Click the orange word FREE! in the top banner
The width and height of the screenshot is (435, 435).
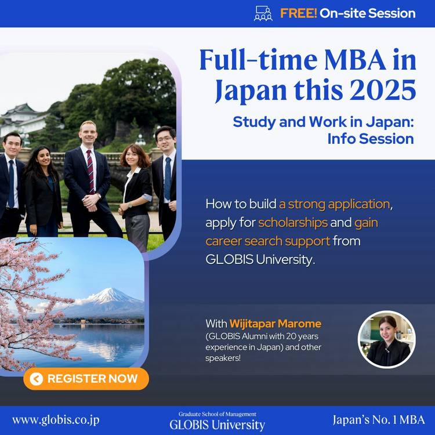(298, 13)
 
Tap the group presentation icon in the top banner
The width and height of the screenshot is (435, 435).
(263, 13)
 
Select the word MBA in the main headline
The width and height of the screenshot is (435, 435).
(355, 60)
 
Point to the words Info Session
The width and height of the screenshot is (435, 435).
(371, 139)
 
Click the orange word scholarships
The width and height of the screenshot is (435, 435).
(293, 223)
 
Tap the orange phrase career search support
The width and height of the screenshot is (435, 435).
(268, 241)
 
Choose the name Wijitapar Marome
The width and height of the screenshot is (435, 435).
(275, 324)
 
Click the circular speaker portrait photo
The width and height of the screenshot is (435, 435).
(387, 339)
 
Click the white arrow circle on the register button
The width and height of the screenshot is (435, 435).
(37, 379)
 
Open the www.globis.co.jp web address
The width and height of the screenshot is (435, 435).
(56, 420)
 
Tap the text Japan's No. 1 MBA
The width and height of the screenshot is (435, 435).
(379, 420)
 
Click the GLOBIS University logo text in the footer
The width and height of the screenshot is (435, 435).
(217, 425)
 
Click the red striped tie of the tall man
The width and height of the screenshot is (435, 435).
(90, 172)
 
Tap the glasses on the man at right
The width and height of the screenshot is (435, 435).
(165, 139)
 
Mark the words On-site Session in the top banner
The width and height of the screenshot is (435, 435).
(368, 13)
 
